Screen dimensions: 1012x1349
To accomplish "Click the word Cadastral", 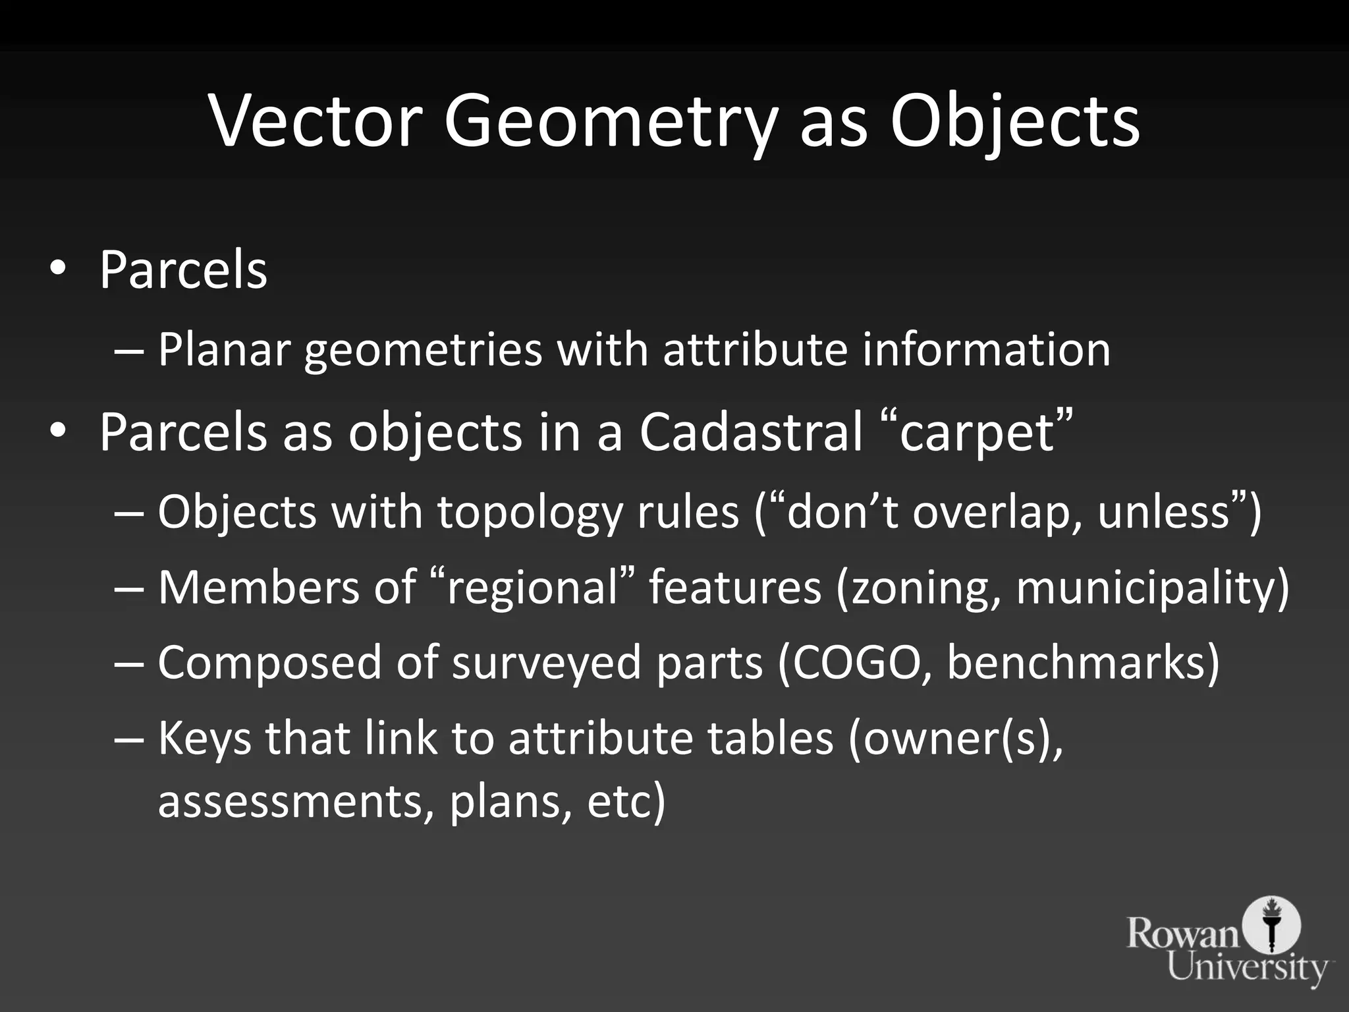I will tap(750, 432).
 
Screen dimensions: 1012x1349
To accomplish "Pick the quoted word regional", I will tap(534, 588).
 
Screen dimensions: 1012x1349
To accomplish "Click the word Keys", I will tap(205, 739).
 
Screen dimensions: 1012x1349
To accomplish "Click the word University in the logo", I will tap(1247, 967).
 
